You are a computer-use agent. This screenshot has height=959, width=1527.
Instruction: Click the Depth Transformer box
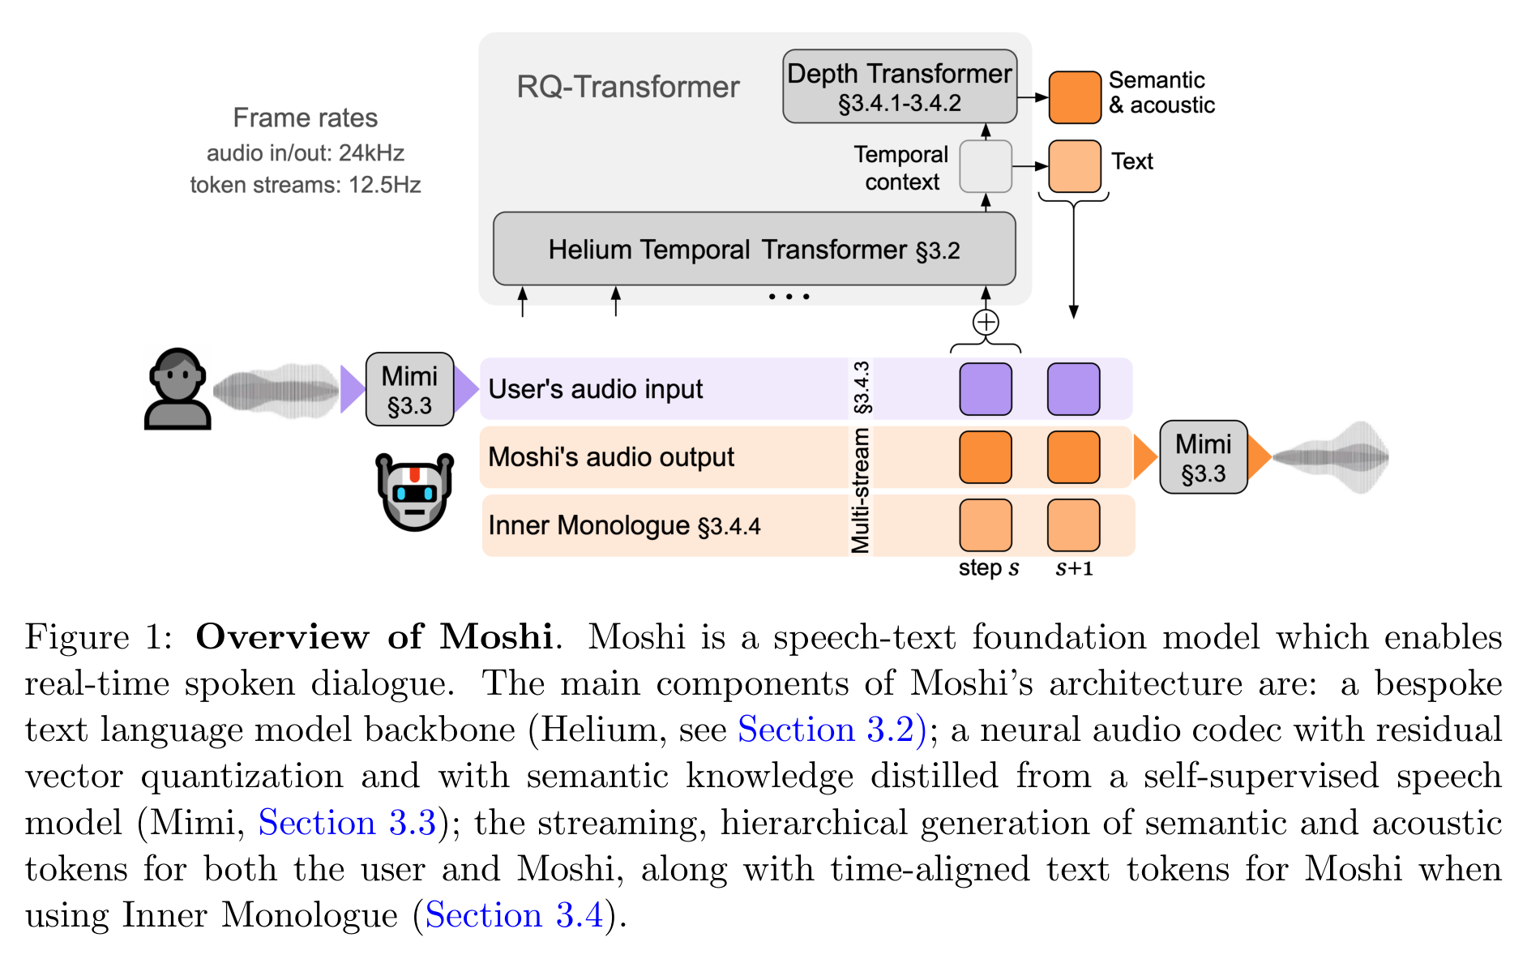point(900,87)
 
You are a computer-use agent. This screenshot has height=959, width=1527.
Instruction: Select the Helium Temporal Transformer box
point(754,249)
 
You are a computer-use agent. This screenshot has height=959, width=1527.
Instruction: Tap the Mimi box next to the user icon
point(409,389)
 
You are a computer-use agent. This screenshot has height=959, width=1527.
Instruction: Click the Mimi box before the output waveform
point(1203,457)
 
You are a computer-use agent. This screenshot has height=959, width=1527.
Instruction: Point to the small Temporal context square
point(986,166)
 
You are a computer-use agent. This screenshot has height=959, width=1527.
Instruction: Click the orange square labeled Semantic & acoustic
point(1075,97)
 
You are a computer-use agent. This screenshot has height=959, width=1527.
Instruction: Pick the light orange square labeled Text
point(1075,166)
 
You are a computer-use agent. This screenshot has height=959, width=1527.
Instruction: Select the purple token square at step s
point(986,389)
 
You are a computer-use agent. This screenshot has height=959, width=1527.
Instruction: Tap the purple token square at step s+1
point(1074,389)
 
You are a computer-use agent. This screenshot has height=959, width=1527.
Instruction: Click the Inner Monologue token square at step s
point(986,525)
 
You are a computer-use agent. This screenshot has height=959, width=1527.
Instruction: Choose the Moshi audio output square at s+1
point(1074,457)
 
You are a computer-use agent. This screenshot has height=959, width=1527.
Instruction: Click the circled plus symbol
point(986,323)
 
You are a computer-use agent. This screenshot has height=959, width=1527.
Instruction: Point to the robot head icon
point(415,492)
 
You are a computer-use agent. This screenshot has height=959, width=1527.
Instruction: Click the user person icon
point(178,389)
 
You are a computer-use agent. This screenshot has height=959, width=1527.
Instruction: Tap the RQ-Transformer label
point(628,87)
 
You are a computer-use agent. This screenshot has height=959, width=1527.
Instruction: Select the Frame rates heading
point(306,118)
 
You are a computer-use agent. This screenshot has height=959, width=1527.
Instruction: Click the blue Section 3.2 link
point(832,730)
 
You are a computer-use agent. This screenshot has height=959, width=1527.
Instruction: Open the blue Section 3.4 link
point(515,915)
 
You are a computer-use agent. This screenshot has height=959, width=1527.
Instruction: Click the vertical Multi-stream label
point(861,490)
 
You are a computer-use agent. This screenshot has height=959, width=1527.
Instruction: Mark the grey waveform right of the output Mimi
point(1331,457)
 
